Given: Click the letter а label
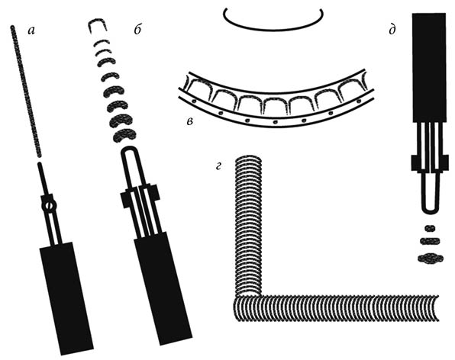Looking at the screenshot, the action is coord(31,31).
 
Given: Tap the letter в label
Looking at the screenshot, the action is coord(189,122).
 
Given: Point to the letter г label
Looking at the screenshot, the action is coord(218,166).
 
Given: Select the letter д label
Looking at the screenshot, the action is coord(392,30).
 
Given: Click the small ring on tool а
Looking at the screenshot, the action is coord(49,206).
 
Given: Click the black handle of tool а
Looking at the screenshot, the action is coord(66,298).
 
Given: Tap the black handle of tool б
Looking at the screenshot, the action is coord(163,288).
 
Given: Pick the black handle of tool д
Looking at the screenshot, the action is coord(429,67).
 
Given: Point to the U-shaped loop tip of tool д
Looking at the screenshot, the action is coord(430,211).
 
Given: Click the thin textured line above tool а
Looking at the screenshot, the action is coord(26,92).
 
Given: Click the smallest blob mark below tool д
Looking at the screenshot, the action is coord(430,228).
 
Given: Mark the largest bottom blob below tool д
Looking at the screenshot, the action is coord(431,259).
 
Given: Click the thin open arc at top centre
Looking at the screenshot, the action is coord(273,29).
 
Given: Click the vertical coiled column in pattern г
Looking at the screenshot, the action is coord(250,226).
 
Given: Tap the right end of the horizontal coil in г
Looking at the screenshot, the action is coord(436,308).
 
